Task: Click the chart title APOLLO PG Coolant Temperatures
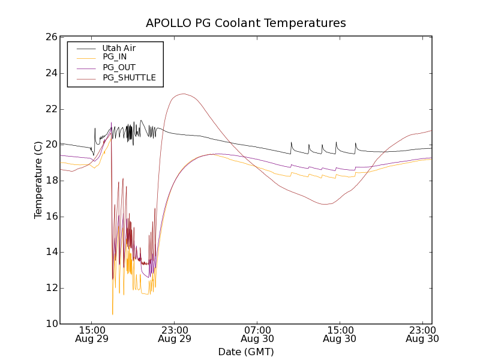tap(245, 23)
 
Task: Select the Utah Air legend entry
tap(119, 48)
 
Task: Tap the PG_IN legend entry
tap(114, 57)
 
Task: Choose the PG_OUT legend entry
tap(119, 67)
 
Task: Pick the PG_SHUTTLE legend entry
tap(129, 77)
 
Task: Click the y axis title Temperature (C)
tap(38, 180)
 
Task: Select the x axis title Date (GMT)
tap(245, 352)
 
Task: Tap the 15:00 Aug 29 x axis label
tap(91, 334)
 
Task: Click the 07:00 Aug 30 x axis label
tap(257, 334)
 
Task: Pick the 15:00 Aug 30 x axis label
tap(340, 334)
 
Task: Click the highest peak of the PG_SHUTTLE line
tap(182, 94)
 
